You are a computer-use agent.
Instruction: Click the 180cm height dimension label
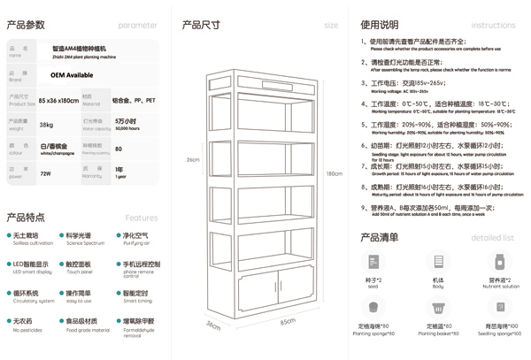(x=334, y=173)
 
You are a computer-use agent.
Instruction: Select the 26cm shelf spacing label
(x=192, y=160)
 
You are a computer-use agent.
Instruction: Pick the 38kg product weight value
(x=46, y=125)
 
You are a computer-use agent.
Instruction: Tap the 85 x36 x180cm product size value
(x=58, y=101)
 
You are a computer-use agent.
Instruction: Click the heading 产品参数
(x=26, y=25)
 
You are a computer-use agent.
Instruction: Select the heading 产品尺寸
(x=201, y=25)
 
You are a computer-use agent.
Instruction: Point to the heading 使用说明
(x=380, y=25)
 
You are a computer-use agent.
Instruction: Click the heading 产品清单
(x=380, y=237)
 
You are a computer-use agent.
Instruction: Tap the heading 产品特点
(x=26, y=217)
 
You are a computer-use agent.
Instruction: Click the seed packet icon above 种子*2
(x=376, y=263)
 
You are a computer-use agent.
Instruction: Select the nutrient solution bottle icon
(x=500, y=263)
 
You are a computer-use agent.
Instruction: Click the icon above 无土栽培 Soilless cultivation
(x=14, y=236)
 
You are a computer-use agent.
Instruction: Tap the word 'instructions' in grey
(x=493, y=26)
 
